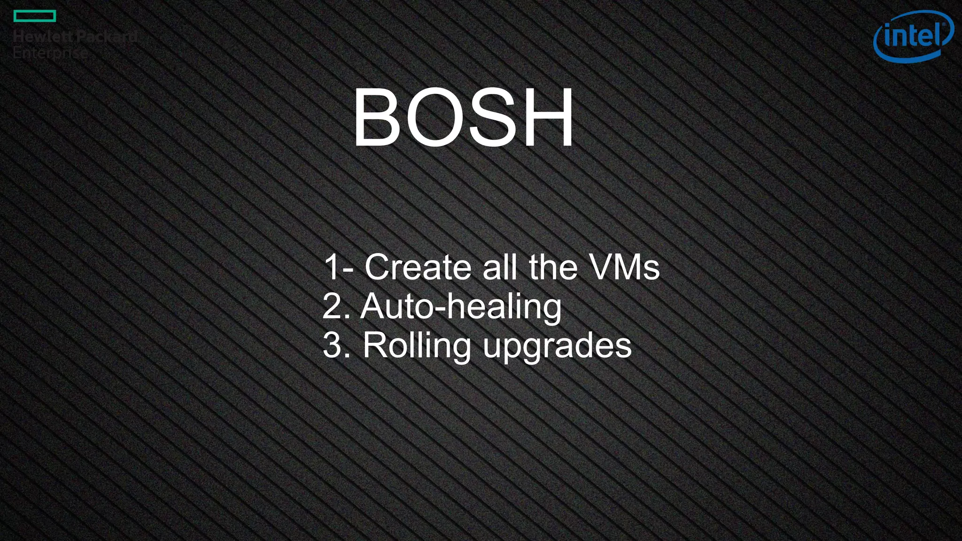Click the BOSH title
[x=463, y=118]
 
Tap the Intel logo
[x=913, y=36]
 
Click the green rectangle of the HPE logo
[x=35, y=16]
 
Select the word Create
[x=418, y=267]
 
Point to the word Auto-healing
[x=461, y=307]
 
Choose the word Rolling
[x=417, y=346]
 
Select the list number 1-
[x=338, y=267]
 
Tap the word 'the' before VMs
[x=553, y=267]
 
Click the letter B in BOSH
[x=378, y=118]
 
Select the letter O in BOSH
[x=434, y=118]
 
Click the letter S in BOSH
[x=492, y=118]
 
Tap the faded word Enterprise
[x=50, y=53]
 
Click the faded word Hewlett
[x=42, y=37]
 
